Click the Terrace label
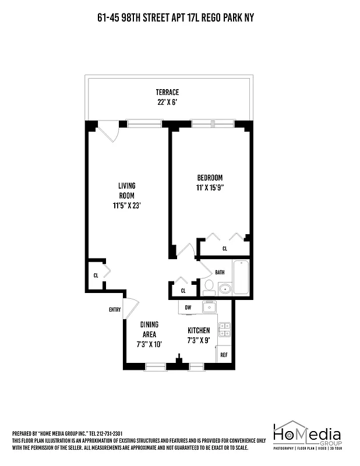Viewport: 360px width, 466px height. [167, 92]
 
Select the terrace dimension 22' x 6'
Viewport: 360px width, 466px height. [167, 102]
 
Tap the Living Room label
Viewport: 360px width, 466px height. [127, 190]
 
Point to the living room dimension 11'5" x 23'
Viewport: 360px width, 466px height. [127, 206]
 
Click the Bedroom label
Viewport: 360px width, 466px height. [210, 178]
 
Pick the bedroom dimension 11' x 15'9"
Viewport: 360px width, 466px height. [210, 188]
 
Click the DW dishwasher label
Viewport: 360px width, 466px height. [188, 307]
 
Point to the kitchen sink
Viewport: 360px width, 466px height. [210, 306]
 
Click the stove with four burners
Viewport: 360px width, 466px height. [224, 330]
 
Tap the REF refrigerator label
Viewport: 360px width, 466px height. [224, 354]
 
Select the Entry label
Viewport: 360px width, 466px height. [115, 310]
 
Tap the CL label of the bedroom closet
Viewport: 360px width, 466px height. [224, 249]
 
